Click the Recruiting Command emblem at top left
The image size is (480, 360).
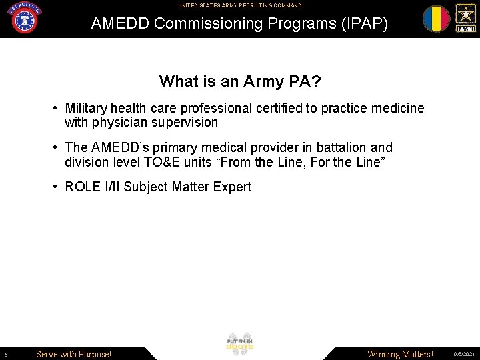[x=25, y=18]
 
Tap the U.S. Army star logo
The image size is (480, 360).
[x=465, y=18]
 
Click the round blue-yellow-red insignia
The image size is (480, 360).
[x=436, y=19]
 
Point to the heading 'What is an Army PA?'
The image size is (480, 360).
[x=240, y=81]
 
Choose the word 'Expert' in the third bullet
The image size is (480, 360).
[x=232, y=187]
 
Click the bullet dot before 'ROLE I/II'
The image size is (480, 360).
[x=57, y=187]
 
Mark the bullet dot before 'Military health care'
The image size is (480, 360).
[x=57, y=108]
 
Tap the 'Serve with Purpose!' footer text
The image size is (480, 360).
[x=73, y=354]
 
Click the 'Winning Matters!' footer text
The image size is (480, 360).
[x=400, y=354]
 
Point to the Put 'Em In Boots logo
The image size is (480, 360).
[x=240, y=344]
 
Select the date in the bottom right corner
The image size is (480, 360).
[x=464, y=355]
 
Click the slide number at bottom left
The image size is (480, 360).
[x=5, y=355]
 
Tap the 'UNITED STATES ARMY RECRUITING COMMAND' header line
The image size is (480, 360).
[x=240, y=5]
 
